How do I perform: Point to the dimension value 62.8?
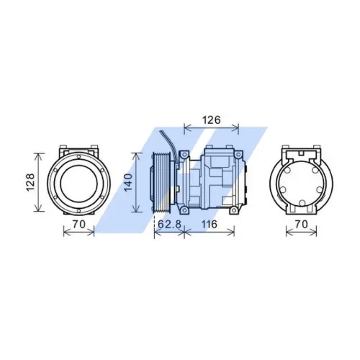[x=168, y=225]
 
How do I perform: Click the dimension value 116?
[x=210, y=225]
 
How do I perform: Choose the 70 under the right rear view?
[x=301, y=225]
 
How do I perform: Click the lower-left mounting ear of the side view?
[x=185, y=210]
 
